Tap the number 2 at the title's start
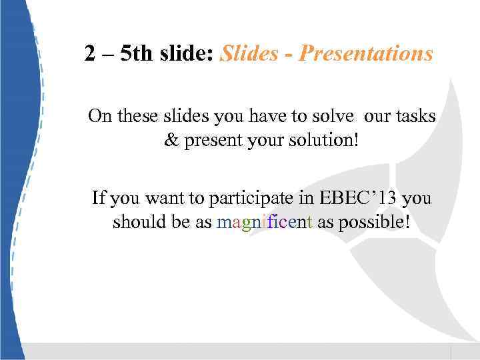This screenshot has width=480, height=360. pos(89,53)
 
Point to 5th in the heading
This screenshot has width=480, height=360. pos(137,53)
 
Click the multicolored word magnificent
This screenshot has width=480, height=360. pos(265,223)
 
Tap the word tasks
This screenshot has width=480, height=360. pos(415,117)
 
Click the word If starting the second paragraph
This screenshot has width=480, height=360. pos(98,198)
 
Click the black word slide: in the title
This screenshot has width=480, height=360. pos(187,53)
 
